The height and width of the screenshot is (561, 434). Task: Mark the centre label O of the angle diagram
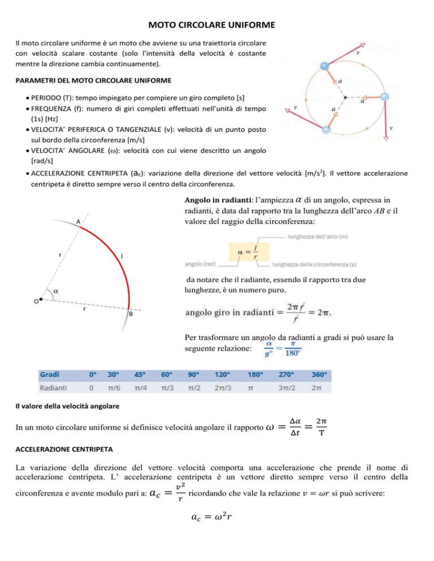[36, 301]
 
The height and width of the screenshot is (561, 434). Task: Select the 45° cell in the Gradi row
[139, 374]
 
